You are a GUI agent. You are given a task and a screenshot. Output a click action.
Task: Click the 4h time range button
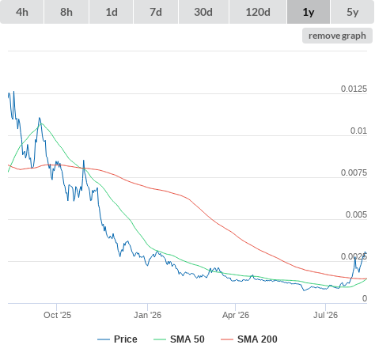click(x=22, y=12)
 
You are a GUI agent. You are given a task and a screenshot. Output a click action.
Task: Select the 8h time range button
click(x=66, y=12)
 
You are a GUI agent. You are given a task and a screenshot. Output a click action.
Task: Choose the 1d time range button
click(x=112, y=12)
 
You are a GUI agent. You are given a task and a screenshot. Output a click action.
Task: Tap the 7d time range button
click(x=156, y=12)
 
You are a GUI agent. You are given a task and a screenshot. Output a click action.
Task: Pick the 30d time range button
click(x=203, y=12)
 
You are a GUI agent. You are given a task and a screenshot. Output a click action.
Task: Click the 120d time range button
click(x=258, y=12)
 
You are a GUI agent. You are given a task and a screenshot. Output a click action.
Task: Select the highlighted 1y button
click(x=309, y=12)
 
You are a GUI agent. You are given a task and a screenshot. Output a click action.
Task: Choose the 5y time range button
click(x=353, y=12)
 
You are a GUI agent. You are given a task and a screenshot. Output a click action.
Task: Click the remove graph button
click(x=337, y=36)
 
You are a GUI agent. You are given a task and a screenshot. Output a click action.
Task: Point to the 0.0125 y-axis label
click(x=354, y=89)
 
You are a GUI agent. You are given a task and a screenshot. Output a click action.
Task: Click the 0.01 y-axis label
click(x=358, y=131)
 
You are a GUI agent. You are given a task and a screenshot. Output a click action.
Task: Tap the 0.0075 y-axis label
click(x=354, y=172)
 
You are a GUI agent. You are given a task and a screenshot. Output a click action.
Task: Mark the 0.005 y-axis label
click(x=356, y=214)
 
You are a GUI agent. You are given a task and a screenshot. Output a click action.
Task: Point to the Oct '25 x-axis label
click(x=57, y=315)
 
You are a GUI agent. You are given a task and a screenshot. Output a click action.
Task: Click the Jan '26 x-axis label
click(x=147, y=315)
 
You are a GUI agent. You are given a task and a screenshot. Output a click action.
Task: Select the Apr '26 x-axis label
click(x=236, y=315)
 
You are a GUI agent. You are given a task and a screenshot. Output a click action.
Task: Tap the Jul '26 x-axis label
click(x=325, y=315)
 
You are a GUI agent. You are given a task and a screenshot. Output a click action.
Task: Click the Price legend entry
click(x=117, y=339)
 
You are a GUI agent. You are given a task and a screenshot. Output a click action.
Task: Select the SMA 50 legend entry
click(x=179, y=339)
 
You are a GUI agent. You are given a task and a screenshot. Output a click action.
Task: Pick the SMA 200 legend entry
click(x=249, y=339)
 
